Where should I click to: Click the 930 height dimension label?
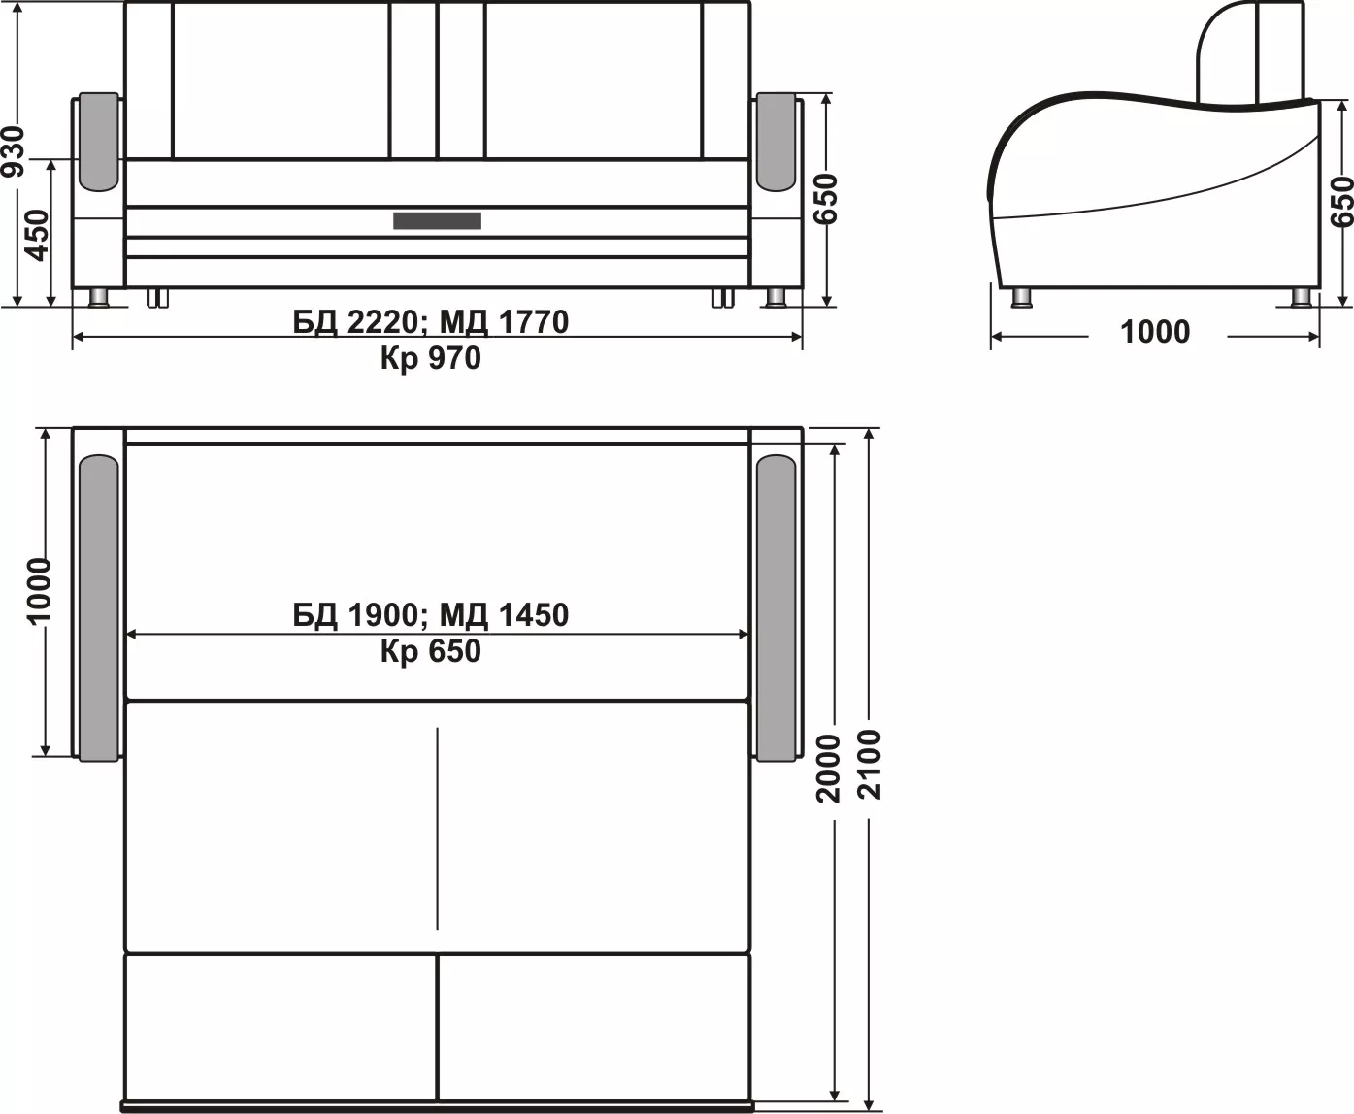[14, 151]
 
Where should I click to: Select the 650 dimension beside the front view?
[826, 199]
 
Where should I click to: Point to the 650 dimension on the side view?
[1341, 202]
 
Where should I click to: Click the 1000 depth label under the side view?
[1155, 332]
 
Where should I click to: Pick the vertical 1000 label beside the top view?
[39, 590]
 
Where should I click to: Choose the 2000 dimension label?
[828, 769]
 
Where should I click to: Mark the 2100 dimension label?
[870, 765]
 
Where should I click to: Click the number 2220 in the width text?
[382, 322]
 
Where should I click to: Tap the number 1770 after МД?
[534, 322]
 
